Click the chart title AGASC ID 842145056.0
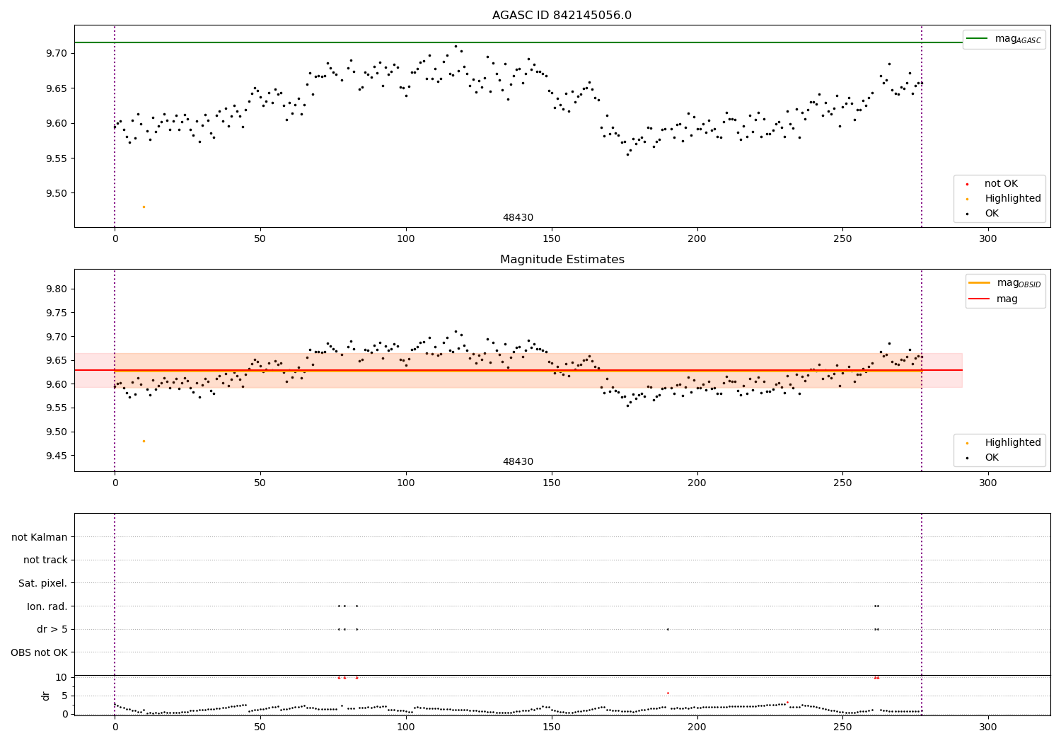[562, 16]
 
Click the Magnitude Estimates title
[562, 260]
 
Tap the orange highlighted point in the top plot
[144, 207]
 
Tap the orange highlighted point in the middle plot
[144, 441]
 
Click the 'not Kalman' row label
[40, 537]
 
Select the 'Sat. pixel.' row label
[43, 583]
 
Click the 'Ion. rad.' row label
[47, 606]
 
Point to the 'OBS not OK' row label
[40, 652]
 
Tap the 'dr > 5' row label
[52, 629]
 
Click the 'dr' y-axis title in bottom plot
[46, 696]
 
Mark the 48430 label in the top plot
[518, 218]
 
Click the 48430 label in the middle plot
[518, 462]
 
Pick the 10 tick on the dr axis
[62, 677]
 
